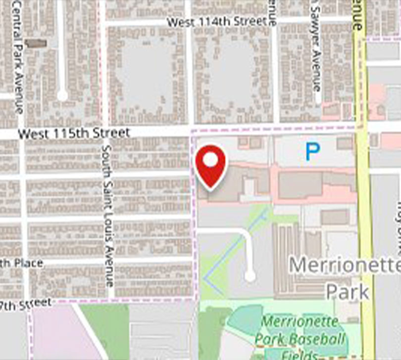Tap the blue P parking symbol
pos(312,152)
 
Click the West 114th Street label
pos(217,22)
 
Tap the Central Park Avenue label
pos(18,57)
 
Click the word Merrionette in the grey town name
pos(344,265)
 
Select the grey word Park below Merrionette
pos(348,291)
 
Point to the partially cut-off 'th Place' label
pos(22,263)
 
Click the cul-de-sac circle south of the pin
pos(250,275)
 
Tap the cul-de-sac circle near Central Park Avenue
pos(62,95)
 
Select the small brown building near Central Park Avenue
pos(36,44)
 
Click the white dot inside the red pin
pos(211,160)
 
